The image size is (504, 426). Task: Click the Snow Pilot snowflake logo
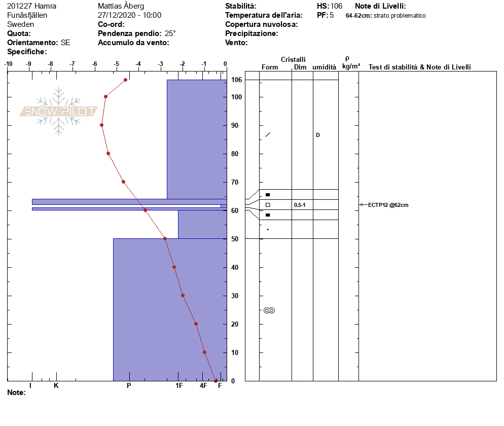tap(58, 111)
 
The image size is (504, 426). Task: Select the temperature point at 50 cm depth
tap(165, 238)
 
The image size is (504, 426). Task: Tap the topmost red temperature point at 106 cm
tap(125, 80)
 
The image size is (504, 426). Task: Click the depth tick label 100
tap(237, 97)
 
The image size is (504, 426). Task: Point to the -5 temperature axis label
tap(116, 64)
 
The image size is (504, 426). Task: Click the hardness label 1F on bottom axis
tap(179, 385)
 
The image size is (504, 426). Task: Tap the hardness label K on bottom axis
tap(56, 385)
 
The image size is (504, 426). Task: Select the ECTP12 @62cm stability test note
tap(388, 205)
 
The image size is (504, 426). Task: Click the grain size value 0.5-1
tap(300, 205)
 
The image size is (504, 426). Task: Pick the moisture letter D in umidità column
tap(318, 135)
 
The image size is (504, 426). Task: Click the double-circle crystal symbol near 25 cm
tap(269, 310)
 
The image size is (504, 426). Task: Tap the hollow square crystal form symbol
tap(268, 205)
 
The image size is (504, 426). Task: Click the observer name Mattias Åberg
tap(121, 6)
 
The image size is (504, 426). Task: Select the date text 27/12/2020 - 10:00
tap(129, 15)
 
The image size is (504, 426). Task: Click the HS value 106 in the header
tap(336, 6)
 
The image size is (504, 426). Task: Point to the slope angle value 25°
tap(170, 33)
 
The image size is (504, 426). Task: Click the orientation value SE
tap(65, 43)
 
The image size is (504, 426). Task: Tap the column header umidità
tap(325, 67)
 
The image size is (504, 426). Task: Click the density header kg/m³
tap(351, 66)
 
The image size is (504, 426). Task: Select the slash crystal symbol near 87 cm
tap(268, 135)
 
